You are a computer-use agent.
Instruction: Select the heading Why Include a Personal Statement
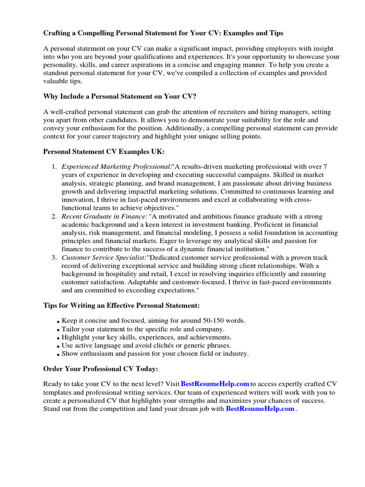120,96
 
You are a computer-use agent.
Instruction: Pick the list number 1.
54,166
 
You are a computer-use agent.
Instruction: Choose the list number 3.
54,258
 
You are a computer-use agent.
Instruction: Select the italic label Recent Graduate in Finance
104,217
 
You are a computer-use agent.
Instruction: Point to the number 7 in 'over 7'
325,166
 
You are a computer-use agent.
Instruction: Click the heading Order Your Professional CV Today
101,369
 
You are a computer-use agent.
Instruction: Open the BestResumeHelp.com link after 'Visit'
215,384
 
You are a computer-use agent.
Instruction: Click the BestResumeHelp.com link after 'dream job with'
260,409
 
